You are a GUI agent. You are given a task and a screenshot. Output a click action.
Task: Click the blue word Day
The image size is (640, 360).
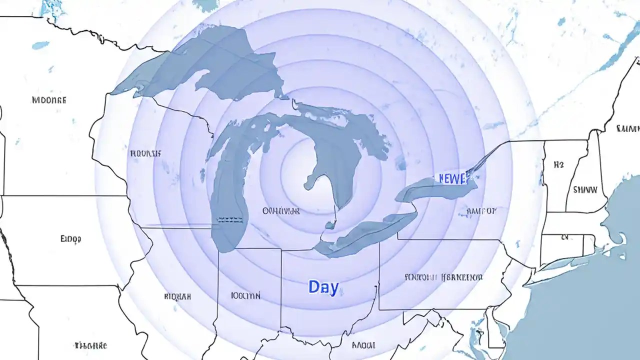(323, 287)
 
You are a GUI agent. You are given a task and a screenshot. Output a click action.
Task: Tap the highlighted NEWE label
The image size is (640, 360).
(452, 178)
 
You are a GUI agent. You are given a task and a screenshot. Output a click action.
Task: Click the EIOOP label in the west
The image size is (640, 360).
(70, 239)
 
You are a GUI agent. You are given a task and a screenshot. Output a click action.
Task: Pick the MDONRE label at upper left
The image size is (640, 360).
(49, 99)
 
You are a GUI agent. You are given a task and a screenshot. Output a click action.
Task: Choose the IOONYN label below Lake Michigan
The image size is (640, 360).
(245, 295)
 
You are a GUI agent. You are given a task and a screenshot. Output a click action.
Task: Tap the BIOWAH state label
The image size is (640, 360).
(177, 296)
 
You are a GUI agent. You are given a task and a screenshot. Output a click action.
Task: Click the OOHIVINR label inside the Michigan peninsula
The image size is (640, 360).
(281, 211)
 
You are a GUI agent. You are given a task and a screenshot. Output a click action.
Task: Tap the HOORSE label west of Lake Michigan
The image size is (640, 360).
(145, 153)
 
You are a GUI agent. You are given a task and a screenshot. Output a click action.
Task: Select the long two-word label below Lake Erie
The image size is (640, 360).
(443, 277)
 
